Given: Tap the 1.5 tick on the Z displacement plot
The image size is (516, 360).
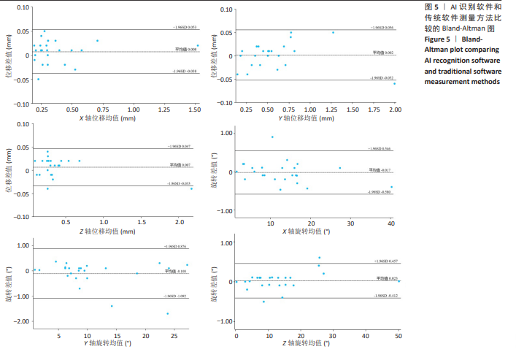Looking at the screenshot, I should tap(142, 222).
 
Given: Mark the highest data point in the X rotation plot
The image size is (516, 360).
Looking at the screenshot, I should tap(273, 137).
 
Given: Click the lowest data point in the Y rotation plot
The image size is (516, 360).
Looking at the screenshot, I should tap(168, 313).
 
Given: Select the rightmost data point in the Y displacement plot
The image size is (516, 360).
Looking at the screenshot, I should tap(395, 83).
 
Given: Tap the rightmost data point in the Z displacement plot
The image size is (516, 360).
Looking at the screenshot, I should tap(192, 188).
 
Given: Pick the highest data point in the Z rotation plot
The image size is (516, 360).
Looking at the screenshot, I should tap(319, 258).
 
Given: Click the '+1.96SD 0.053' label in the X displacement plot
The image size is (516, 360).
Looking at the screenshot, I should tap(185, 28).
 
